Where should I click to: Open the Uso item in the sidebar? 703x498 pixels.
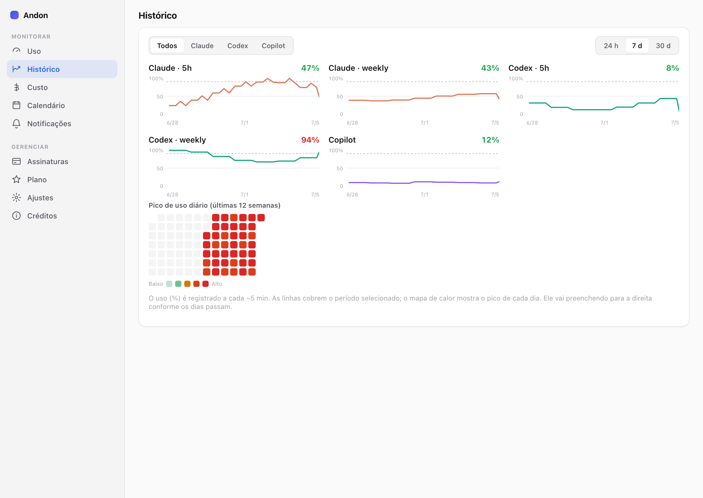point(34,51)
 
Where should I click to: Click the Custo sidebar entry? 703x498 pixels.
point(37,87)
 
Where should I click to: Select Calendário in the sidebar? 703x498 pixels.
point(46,106)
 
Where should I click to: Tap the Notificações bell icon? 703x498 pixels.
point(17,124)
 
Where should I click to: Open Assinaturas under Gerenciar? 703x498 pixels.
point(48,162)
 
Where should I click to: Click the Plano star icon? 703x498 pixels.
point(17,179)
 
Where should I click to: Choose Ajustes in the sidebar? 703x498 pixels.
point(40,198)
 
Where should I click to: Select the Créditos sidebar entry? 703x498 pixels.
point(42,216)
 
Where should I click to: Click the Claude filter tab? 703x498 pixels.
point(202,46)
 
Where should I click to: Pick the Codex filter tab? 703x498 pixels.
point(238,46)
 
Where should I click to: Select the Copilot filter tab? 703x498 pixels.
point(273,46)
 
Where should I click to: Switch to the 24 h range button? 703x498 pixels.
point(611,46)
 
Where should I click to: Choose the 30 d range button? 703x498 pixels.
point(663,46)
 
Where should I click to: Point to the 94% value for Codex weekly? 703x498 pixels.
point(310,140)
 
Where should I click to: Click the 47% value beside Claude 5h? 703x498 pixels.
point(310,68)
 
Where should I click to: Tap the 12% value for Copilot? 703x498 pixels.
point(490,140)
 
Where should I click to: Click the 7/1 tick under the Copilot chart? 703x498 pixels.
point(424,195)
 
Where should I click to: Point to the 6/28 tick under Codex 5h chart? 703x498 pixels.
point(532,123)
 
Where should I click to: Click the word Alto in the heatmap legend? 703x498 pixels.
point(217,284)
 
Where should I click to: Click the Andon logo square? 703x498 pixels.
point(14,15)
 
